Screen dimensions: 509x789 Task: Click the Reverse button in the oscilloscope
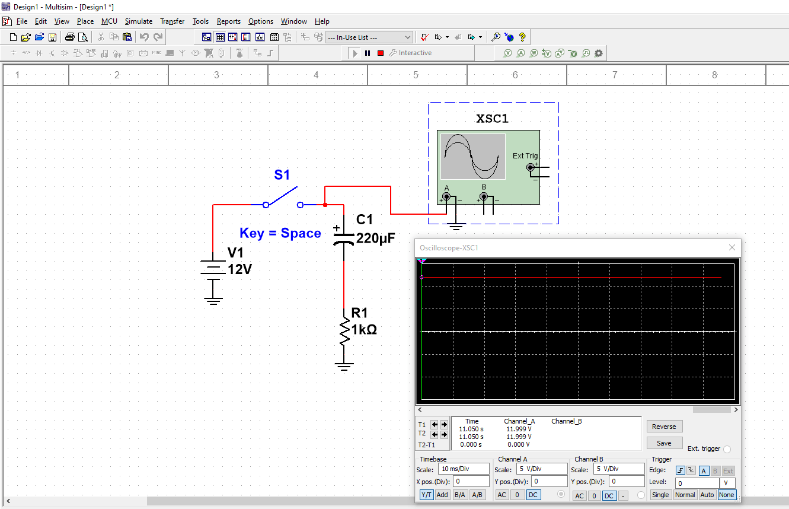[x=664, y=427]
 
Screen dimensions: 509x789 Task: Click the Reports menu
[x=228, y=21]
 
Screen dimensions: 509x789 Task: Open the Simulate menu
[x=138, y=21]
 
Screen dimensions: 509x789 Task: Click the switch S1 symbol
[x=283, y=198]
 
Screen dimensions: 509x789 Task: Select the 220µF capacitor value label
[x=375, y=238]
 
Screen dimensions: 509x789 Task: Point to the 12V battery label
[x=240, y=269]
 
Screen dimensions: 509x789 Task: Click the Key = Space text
[x=280, y=233]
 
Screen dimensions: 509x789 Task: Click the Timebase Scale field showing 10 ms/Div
[x=464, y=469]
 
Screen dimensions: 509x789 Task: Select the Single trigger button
[x=660, y=495]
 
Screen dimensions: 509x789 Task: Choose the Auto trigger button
[x=707, y=495]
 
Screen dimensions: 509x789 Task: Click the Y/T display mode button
[x=426, y=495]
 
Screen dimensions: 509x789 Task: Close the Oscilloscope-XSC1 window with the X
[x=732, y=247]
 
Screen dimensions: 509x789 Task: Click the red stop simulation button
[x=381, y=53]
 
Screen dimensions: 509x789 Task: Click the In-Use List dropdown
[x=369, y=37]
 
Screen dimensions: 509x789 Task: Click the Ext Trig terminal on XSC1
[x=531, y=168]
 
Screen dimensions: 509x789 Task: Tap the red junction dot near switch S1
[x=325, y=205]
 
